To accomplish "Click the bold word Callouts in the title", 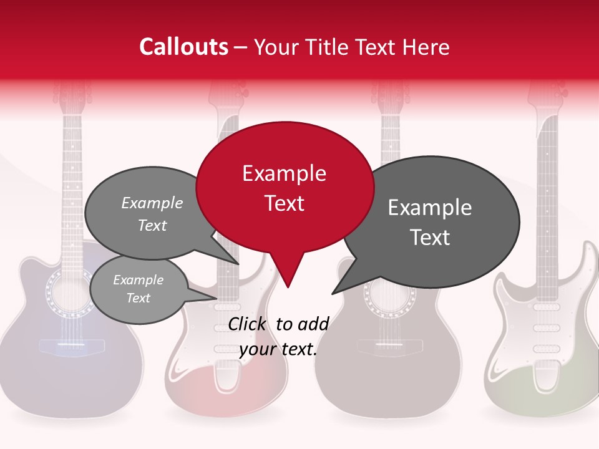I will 183,47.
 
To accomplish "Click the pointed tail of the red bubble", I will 287,274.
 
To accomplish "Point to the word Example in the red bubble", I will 284,173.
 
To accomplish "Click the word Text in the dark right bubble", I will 430,238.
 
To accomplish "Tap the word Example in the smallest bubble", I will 138,280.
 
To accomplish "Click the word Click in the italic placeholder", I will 248,324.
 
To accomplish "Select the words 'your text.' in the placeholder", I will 278,349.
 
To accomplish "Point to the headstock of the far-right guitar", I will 548,94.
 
